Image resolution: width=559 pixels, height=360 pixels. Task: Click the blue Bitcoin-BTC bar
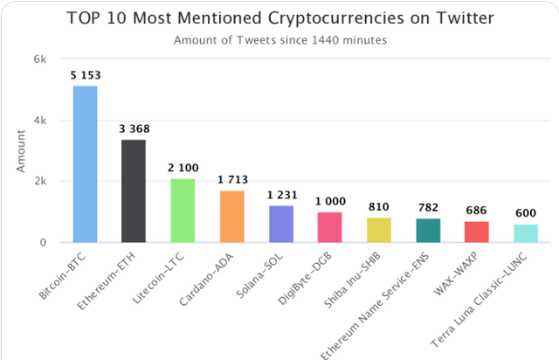tap(85, 163)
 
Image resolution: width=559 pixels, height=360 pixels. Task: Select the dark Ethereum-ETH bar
tap(134, 190)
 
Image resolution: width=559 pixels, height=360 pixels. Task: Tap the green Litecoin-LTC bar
tap(183, 210)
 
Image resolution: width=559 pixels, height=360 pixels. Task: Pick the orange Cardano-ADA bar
tap(231, 216)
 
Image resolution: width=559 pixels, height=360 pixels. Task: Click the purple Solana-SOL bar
tap(281, 224)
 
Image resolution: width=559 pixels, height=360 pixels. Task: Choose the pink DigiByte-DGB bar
tap(330, 227)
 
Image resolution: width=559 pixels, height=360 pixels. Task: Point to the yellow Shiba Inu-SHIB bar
tap(379, 230)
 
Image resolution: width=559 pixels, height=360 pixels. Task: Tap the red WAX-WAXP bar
tap(477, 232)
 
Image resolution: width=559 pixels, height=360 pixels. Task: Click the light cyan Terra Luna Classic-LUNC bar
tap(526, 233)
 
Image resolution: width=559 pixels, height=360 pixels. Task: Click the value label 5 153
tap(85, 76)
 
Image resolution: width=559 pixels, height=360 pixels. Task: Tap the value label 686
tap(477, 212)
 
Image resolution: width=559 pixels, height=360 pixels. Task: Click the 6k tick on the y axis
tap(40, 59)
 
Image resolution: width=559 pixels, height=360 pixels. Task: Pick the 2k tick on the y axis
tap(40, 182)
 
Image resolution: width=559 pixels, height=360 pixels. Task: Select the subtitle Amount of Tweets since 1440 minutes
tap(279, 39)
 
